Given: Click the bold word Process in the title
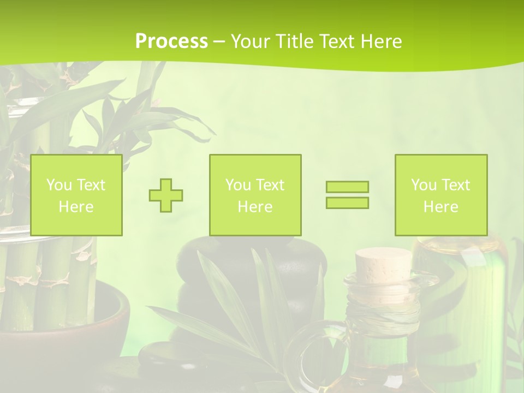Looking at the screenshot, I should click(x=171, y=41).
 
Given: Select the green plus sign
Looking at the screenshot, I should click(x=166, y=195).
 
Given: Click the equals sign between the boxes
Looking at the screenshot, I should click(x=347, y=195).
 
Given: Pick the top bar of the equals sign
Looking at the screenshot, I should click(x=347, y=187).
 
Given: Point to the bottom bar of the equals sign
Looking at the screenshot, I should click(x=347, y=203).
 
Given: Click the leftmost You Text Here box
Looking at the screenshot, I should click(x=76, y=195).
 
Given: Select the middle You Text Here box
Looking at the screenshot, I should click(x=255, y=195).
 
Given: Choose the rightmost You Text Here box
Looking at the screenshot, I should click(x=440, y=195).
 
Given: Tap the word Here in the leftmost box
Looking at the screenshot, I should click(x=76, y=206).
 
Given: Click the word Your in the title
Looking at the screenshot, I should click(x=251, y=41).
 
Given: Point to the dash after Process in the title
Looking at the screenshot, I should click(x=219, y=41).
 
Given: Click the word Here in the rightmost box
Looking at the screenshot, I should click(x=440, y=206).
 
